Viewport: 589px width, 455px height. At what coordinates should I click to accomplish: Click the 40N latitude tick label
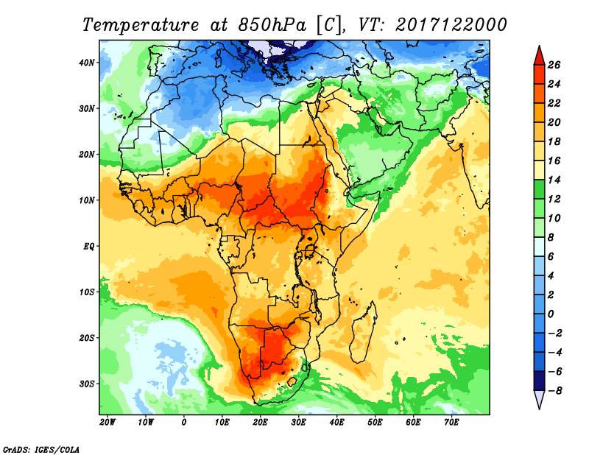pyautogui.click(x=87, y=63)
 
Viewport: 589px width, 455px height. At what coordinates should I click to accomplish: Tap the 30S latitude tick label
pyautogui.click(x=87, y=384)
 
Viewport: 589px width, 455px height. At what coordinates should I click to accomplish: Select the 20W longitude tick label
pyautogui.click(x=107, y=423)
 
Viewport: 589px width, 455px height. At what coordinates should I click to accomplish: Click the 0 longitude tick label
pyautogui.click(x=184, y=423)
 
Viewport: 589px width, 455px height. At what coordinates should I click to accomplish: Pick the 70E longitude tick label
pyautogui.click(x=452, y=423)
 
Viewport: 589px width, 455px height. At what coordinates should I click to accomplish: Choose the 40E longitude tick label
pyautogui.click(x=337, y=423)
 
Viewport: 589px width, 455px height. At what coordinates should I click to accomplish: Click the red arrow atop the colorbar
pyautogui.click(x=538, y=54)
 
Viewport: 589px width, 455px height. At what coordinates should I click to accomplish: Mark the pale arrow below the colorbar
pyautogui.click(x=538, y=399)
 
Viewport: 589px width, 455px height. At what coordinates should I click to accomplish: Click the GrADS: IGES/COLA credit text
pyautogui.click(x=41, y=448)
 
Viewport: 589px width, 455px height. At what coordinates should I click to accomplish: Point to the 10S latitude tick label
pyautogui.click(x=87, y=292)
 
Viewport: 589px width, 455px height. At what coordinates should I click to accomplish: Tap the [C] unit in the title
pyautogui.click(x=328, y=24)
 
